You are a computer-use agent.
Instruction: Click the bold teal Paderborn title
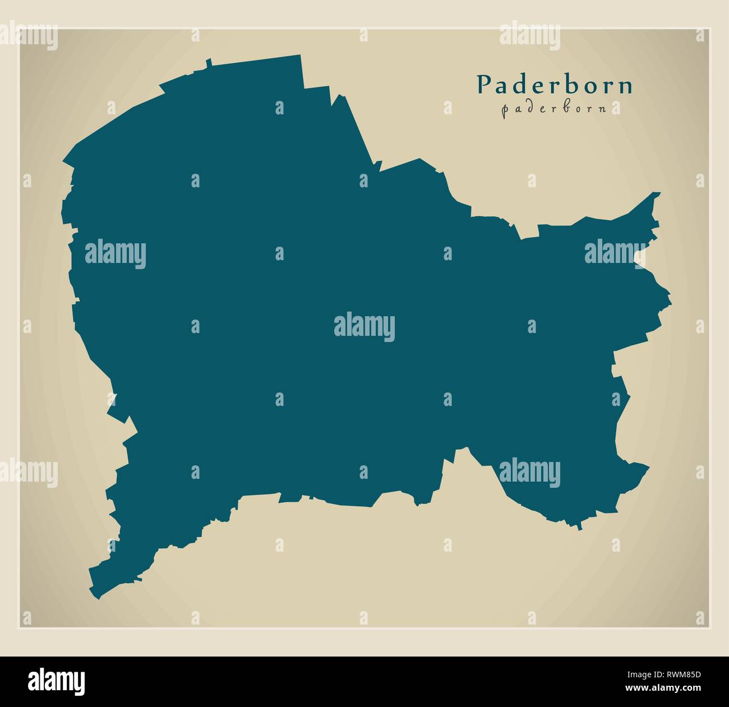[x=555, y=85]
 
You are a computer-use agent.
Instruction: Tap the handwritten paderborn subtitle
[x=554, y=109]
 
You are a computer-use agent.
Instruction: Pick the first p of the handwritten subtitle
[x=505, y=110]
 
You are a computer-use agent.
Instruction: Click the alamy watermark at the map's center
[x=364, y=327]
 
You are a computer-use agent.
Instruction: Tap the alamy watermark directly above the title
[x=529, y=36]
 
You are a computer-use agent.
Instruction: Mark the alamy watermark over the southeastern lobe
[x=529, y=472]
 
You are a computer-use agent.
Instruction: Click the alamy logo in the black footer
[x=57, y=681]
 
